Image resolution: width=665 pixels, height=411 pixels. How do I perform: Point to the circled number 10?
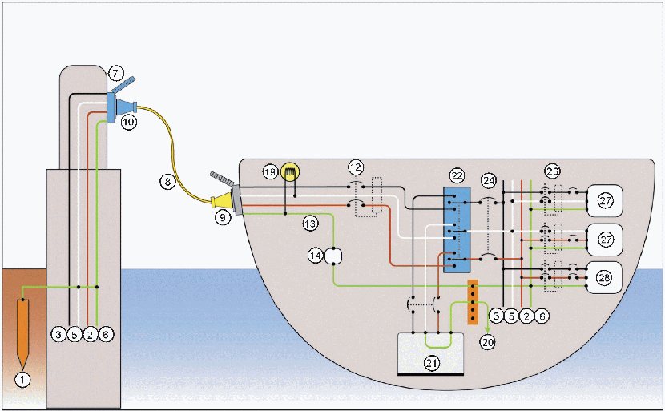tap(128, 123)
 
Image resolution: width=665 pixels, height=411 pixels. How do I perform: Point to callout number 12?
tap(355, 167)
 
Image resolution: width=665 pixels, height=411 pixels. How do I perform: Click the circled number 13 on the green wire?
tap(310, 224)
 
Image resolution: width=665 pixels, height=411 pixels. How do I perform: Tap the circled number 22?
tap(457, 176)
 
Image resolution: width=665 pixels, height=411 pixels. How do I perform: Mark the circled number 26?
tap(552, 171)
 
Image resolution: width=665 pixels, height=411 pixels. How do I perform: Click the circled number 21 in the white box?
tap(431, 364)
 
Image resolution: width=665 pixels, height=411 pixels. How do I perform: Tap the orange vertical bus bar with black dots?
tap(473, 302)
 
